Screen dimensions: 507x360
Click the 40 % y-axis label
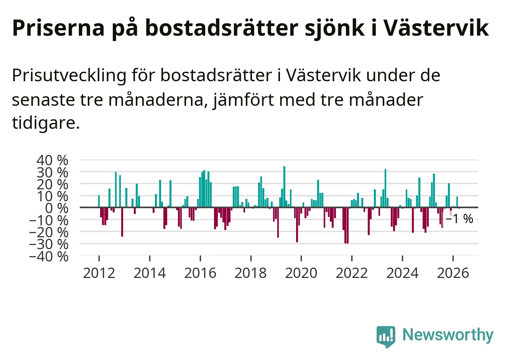tap(52, 160)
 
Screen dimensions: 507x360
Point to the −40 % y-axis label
tap(49, 256)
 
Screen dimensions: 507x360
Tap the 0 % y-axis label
tap(57, 209)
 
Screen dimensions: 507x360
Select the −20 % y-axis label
tap(49, 232)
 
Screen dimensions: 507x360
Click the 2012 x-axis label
tap(99, 273)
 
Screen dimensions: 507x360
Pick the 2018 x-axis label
tap(250, 273)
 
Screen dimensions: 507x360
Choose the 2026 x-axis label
tap(453, 273)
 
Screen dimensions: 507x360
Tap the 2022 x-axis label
tap(352, 273)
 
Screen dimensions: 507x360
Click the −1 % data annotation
tap(459, 219)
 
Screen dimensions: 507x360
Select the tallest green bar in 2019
tap(284, 187)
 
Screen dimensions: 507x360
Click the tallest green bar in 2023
tap(385, 188)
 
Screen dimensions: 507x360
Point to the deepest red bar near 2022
tap(347, 225)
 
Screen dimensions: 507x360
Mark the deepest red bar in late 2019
tap(297, 225)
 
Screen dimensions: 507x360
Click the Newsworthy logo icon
tap(386, 337)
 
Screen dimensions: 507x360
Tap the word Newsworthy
tap(448, 335)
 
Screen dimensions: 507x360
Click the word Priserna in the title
tap(58, 28)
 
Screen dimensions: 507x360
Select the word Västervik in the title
tap(436, 28)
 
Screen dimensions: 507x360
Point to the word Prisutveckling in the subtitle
tap(69, 76)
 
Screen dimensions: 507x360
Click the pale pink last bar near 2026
tap(451, 213)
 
